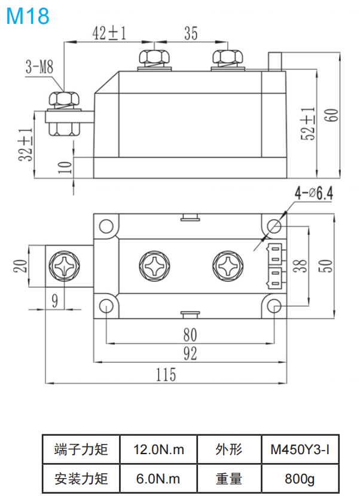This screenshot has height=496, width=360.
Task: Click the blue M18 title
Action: point(28,16)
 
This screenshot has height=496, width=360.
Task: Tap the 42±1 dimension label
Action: point(109,33)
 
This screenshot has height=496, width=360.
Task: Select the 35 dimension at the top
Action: point(190,33)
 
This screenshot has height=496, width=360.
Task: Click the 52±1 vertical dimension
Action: point(308,124)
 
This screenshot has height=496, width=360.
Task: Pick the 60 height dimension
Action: point(331,113)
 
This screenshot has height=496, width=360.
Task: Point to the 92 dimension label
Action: point(190,354)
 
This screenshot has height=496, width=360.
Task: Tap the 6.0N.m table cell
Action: point(158,478)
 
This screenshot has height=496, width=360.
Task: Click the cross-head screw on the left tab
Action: point(63,265)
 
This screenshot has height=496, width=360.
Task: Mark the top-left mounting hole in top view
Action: point(106,226)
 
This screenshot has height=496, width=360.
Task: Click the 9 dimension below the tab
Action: point(54,301)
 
